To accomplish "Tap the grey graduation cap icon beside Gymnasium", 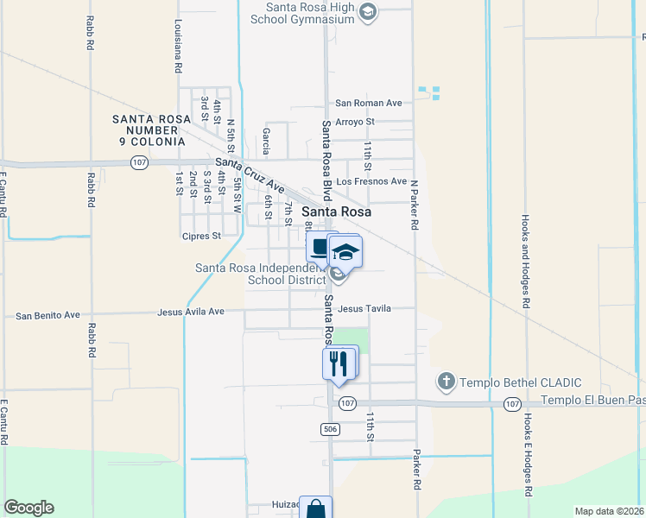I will pyautogui.click(x=368, y=12).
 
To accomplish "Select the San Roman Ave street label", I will pyautogui.click(x=369, y=103).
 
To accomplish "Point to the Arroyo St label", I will pyautogui.click(x=354, y=122).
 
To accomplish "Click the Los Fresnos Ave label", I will pyautogui.click(x=371, y=181).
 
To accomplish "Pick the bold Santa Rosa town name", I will pyautogui.click(x=336, y=212).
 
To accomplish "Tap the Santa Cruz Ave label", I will pyautogui.click(x=250, y=175).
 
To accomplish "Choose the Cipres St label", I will pyautogui.click(x=201, y=235).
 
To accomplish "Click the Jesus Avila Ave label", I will pyautogui.click(x=191, y=312).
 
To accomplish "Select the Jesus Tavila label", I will pyautogui.click(x=364, y=308).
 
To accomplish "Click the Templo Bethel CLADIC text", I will pyautogui.click(x=520, y=382).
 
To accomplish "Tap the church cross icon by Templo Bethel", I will pyautogui.click(x=446, y=381).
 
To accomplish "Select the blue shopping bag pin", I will pyautogui.click(x=316, y=509).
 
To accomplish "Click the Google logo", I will pyautogui.click(x=28, y=508).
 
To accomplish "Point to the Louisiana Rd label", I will pyautogui.click(x=177, y=44).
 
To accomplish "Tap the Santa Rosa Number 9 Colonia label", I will pyautogui.click(x=148, y=129).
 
